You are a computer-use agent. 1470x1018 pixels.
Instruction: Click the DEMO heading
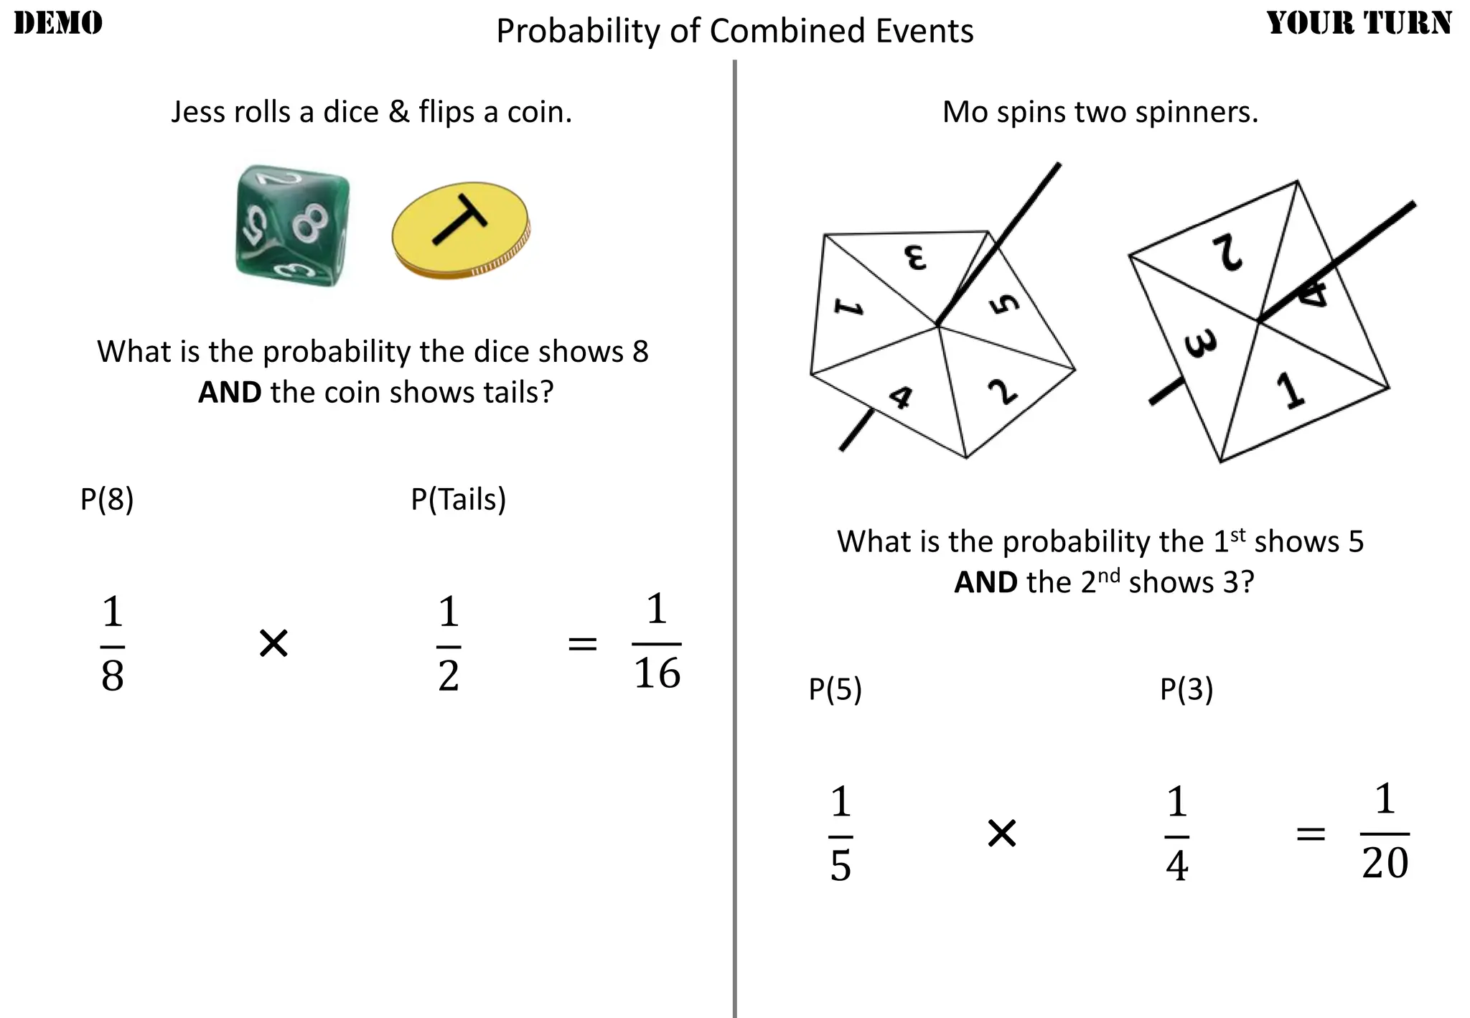click(x=58, y=23)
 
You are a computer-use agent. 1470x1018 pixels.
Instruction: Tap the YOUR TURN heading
click(x=1359, y=23)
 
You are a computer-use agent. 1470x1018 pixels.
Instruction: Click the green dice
click(x=292, y=225)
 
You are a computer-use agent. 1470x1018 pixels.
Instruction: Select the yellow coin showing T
click(x=460, y=230)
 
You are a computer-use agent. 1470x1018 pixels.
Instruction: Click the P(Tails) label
click(x=458, y=499)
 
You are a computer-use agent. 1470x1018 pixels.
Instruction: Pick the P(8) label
click(x=107, y=499)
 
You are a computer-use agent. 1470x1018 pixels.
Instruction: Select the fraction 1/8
click(x=113, y=644)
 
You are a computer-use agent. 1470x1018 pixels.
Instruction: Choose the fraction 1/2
click(x=449, y=644)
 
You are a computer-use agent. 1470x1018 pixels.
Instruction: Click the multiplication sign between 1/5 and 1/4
click(x=1002, y=833)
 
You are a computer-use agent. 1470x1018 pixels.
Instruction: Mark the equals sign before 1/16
click(x=582, y=644)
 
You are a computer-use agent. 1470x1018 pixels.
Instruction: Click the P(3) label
click(x=1186, y=689)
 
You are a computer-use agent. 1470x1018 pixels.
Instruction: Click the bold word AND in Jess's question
click(x=230, y=393)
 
